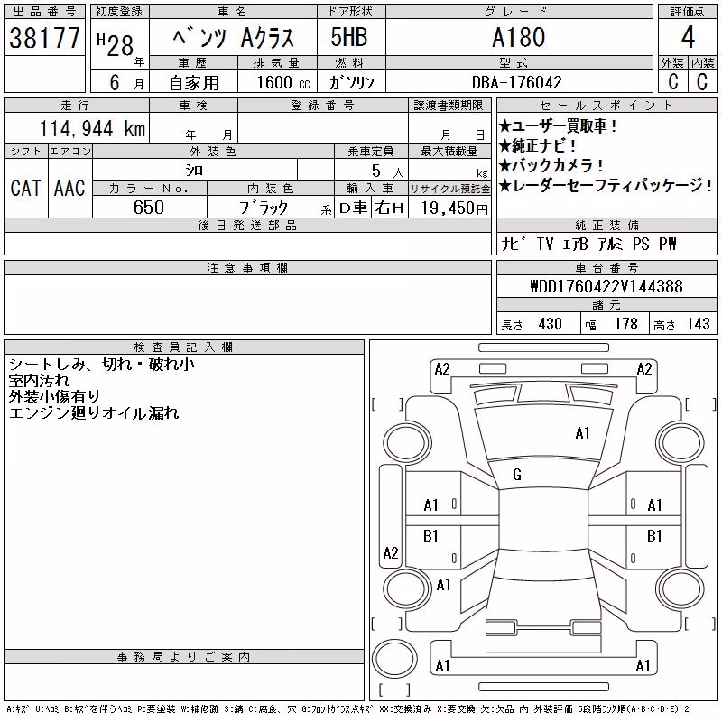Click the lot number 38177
44,38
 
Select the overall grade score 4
688,37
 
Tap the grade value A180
519,37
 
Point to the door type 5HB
349,37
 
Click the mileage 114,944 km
93,128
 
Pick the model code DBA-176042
517,82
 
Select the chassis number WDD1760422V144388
606,286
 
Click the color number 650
149,208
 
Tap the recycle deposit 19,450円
455,208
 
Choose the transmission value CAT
25,188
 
